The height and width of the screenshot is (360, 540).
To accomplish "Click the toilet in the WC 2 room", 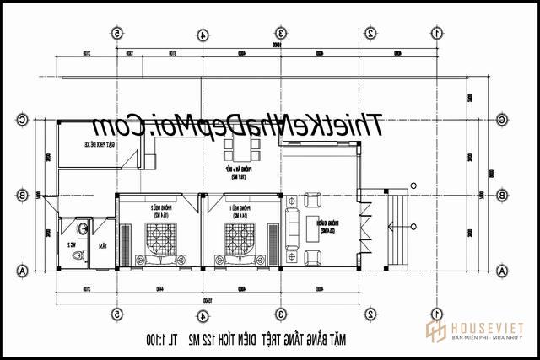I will [x=78, y=254].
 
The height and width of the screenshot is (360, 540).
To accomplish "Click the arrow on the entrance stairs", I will [x=403, y=225].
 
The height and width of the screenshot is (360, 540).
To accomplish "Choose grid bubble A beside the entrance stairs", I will [x=502, y=270].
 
